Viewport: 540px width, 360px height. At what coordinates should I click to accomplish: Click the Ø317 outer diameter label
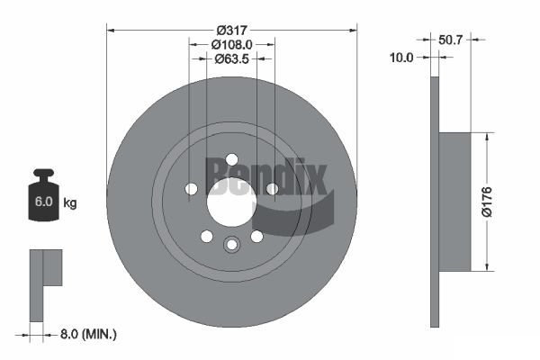click(x=232, y=31)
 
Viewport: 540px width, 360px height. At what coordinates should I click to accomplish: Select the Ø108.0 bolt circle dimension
click(x=232, y=44)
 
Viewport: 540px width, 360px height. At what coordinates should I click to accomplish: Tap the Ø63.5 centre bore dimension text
click(x=231, y=58)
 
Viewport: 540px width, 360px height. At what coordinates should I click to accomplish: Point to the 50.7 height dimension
click(x=450, y=40)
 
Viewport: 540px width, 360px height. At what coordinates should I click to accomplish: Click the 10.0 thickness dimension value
click(x=401, y=58)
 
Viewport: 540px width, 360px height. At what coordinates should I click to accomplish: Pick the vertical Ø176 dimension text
click(x=487, y=202)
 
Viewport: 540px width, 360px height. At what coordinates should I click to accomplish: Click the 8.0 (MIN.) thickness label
click(x=88, y=334)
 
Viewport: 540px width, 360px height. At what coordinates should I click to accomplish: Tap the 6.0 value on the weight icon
click(x=43, y=202)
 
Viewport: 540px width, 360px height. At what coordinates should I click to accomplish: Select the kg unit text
click(x=70, y=202)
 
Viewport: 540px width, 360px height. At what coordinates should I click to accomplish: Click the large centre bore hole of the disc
click(x=231, y=203)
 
